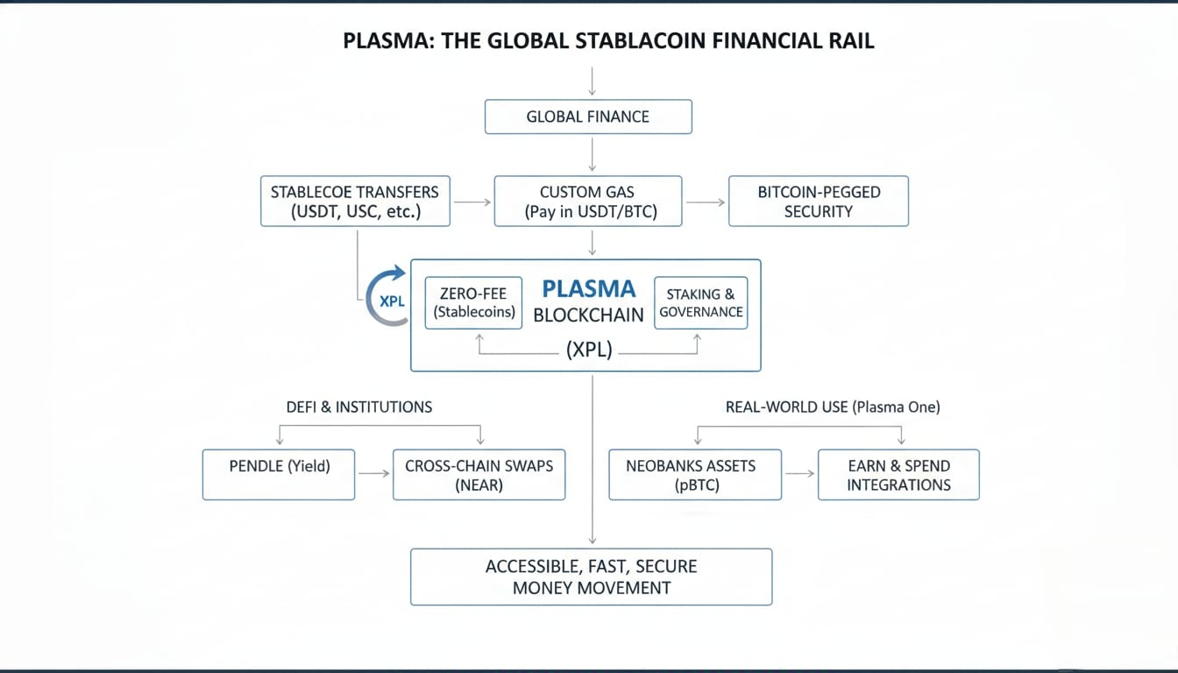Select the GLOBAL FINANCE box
point(588,117)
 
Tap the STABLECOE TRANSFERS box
point(356,202)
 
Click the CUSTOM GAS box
point(588,202)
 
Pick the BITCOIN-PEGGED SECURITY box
point(819,202)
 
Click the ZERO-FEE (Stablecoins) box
point(473,303)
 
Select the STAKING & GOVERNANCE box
point(701,303)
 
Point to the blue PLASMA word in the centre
point(589,288)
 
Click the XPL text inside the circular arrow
point(393,301)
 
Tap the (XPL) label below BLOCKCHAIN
point(589,349)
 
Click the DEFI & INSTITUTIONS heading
point(359,407)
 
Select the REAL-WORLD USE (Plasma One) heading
point(833,407)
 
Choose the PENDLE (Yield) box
point(279,475)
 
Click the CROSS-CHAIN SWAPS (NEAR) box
point(479,475)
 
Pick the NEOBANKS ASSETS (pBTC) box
point(695,475)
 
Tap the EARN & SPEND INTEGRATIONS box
point(898,475)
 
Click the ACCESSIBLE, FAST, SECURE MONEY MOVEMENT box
point(592,577)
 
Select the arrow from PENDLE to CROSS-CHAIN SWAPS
point(374,474)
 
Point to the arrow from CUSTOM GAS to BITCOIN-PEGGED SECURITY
point(706,202)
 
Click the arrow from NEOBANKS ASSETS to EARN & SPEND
point(800,474)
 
